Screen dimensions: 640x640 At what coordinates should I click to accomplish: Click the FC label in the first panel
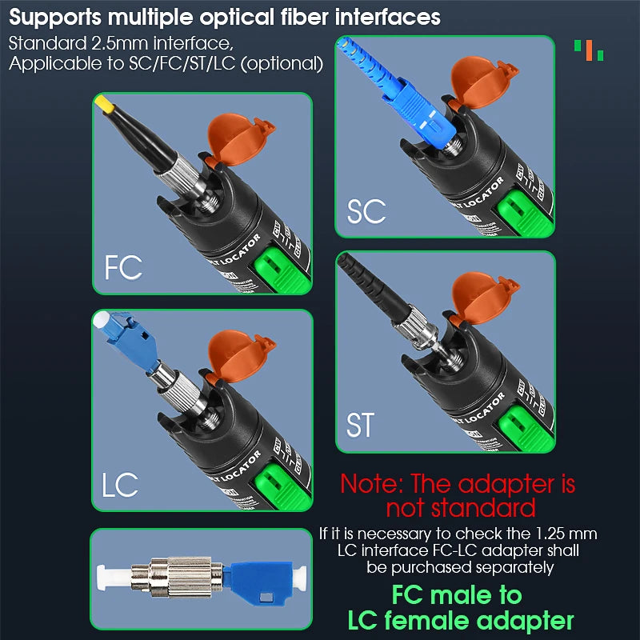tap(123, 266)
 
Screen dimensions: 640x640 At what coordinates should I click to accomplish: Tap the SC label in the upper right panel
tap(366, 212)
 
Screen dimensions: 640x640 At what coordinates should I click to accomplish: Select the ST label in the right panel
tap(360, 425)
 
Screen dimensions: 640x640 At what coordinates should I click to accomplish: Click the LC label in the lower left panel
tap(120, 484)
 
